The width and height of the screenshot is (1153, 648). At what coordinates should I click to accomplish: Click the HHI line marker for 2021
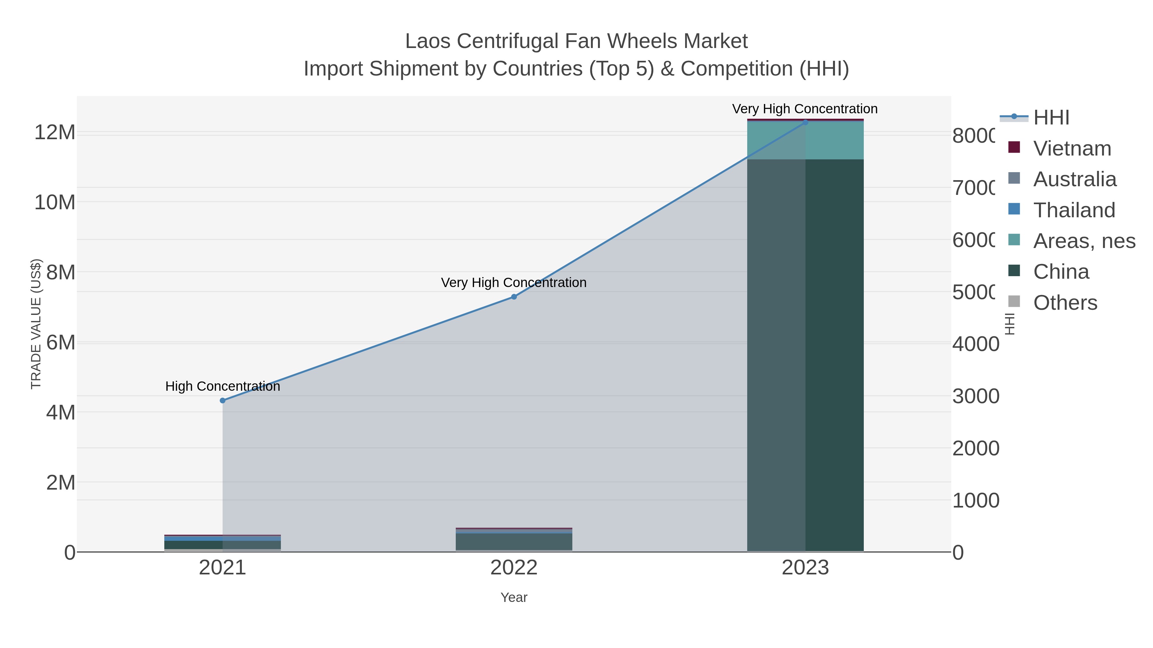pyautogui.click(x=223, y=401)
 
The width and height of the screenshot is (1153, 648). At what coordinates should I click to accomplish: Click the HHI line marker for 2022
pyautogui.click(x=514, y=297)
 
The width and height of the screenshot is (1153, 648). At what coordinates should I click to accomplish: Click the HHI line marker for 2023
pyautogui.click(x=805, y=122)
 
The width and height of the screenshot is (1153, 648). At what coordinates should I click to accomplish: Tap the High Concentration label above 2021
pyautogui.click(x=223, y=386)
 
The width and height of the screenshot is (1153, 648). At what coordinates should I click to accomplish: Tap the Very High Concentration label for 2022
pyautogui.click(x=513, y=283)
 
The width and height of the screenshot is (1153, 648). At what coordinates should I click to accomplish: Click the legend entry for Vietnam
pyautogui.click(x=1072, y=148)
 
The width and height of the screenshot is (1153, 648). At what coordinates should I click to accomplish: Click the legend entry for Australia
pyautogui.click(x=1075, y=179)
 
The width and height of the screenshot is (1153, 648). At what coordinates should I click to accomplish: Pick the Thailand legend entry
pyautogui.click(x=1074, y=210)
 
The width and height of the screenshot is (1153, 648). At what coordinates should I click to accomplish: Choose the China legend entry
pyautogui.click(x=1061, y=272)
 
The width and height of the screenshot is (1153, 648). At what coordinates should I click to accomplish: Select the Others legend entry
pyautogui.click(x=1065, y=303)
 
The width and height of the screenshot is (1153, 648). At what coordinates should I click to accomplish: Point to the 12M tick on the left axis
pyautogui.click(x=54, y=132)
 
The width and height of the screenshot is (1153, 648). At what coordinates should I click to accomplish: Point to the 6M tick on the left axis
pyautogui.click(x=61, y=342)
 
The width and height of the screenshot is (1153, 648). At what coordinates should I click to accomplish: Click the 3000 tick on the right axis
pyautogui.click(x=975, y=396)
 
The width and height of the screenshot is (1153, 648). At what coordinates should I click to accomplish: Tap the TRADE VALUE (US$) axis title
pyautogui.click(x=36, y=324)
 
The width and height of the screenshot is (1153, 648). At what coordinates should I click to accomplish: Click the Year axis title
pyautogui.click(x=514, y=597)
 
